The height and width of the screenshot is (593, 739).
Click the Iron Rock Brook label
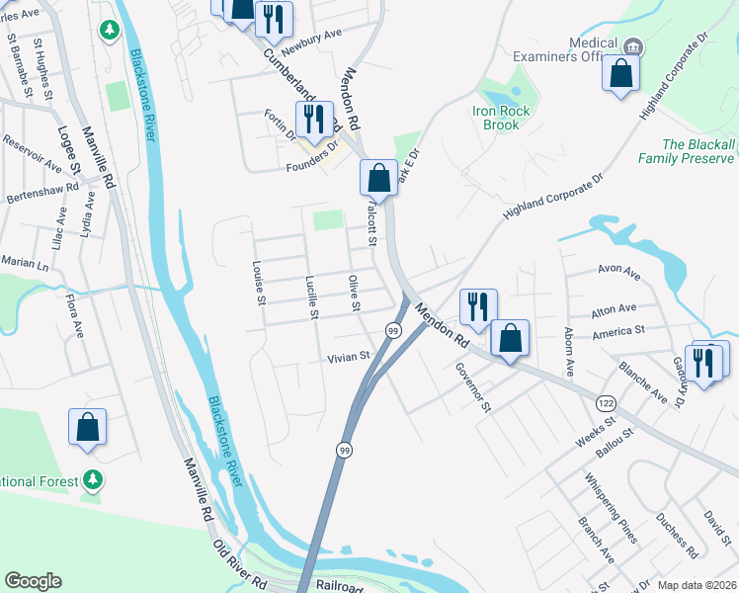coord(502,118)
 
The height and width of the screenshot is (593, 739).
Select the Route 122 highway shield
coord(605,403)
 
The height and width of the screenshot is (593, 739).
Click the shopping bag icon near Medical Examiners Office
coord(620,73)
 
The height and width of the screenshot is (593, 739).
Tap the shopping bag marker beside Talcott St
coord(377,179)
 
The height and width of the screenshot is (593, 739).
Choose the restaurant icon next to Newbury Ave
coord(273,18)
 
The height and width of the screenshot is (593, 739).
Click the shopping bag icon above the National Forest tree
coord(87,427)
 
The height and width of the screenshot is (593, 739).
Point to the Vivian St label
coord(350,357)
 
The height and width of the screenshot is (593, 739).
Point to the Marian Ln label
coord(24,265)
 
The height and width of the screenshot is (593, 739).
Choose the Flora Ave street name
coord(74,314)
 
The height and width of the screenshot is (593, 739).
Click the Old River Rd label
coord(241,564)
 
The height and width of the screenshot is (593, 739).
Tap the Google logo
coord(34,581)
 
